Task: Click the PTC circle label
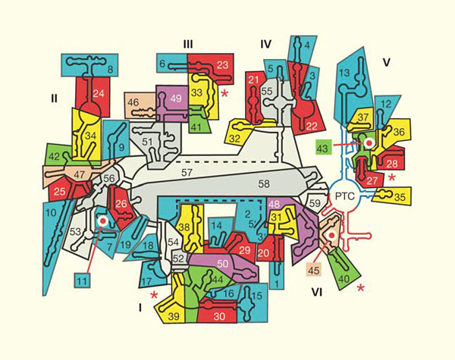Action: [x=347, y=193]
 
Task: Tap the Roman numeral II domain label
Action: [x=55, y=98]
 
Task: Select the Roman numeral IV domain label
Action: [x=265, y=45]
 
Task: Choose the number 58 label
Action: [x=263, y=183]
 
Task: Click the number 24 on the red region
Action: [x=99, y=94]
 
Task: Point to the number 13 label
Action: [x=344, y=74]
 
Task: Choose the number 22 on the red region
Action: [x=309, y=126]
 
